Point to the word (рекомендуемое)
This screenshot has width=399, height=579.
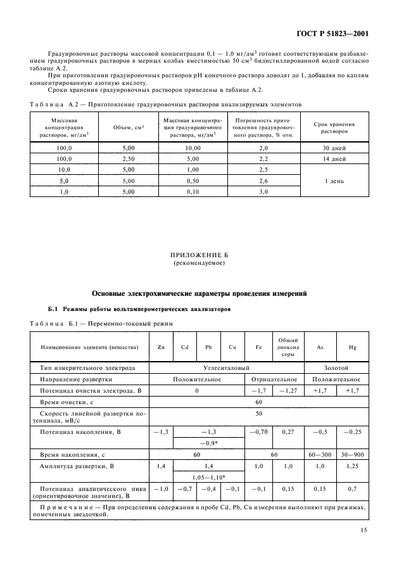199,262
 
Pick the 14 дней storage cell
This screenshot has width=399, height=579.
334,158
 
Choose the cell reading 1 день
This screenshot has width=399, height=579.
334,181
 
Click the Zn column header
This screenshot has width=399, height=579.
160,347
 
